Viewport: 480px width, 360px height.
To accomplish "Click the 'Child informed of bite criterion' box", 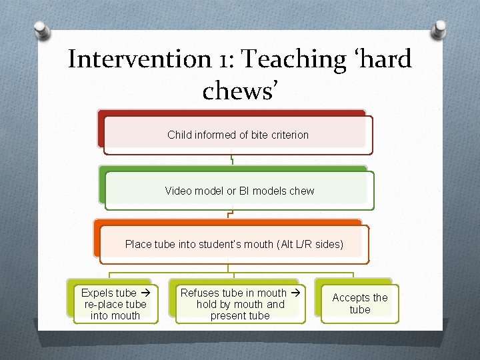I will tap(238, 135).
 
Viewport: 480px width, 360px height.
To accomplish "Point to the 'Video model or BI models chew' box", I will tap(239, 191).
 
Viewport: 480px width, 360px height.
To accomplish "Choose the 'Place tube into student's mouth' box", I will tap(234, 244).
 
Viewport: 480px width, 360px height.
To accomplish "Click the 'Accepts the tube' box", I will tap(360, 304).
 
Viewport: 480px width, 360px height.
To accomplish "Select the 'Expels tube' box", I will tap(115, 304).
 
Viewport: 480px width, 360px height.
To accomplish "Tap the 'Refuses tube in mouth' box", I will tap(240, 304).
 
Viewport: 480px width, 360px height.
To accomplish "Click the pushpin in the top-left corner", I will tap(41, 29).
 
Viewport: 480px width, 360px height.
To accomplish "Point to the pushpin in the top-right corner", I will tap(439, 29).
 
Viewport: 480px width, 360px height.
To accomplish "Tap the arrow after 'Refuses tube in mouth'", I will tap(294, 293).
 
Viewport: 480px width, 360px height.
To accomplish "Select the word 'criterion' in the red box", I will tap(287, 135).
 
